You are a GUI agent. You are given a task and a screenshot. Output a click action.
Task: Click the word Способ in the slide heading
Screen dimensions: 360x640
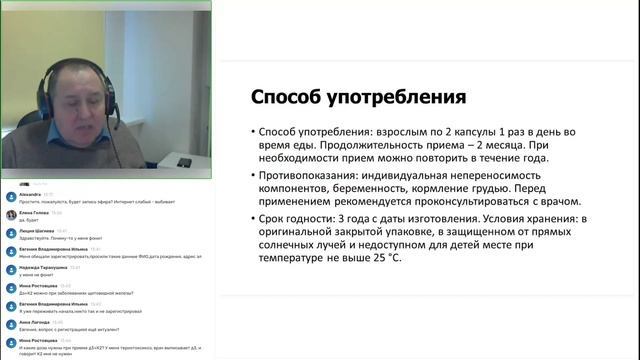(287, 99)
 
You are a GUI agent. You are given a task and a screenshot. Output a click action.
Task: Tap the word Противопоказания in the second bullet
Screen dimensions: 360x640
(321, 175)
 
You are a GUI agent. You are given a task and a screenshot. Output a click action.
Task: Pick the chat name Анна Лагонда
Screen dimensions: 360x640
(34, 322)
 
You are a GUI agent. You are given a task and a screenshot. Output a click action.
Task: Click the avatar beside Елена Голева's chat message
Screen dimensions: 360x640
(9, 216)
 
